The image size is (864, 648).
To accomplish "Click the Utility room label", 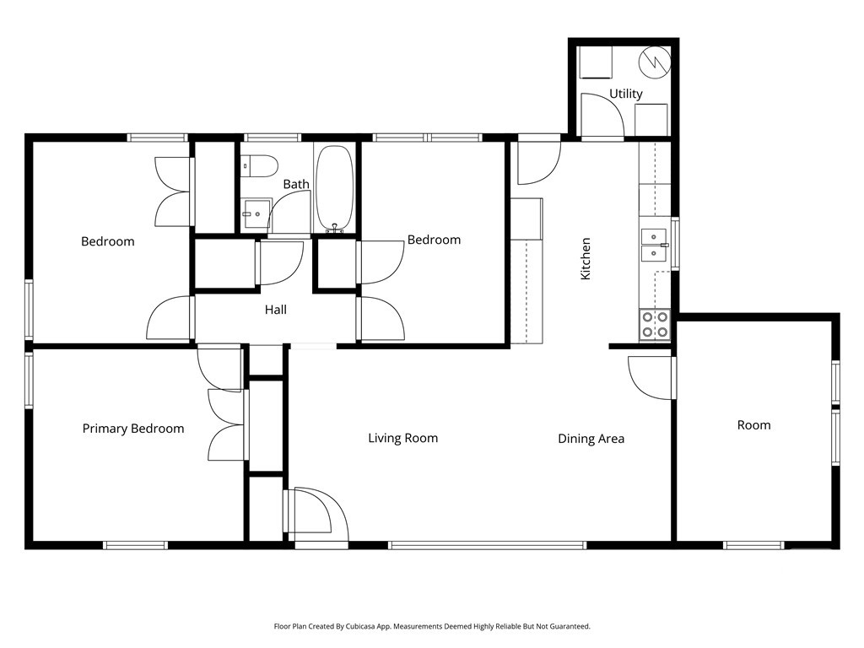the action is pos(625,94).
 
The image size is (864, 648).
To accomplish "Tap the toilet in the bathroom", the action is pos(259,166).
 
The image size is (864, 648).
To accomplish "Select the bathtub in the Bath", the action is pos(334,187).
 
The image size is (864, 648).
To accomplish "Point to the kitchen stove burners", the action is pos(655,325).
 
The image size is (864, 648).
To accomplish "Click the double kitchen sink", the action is pos(654,246).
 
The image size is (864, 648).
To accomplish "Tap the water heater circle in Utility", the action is pos(655,62).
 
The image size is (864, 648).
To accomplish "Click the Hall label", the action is pos(276,310).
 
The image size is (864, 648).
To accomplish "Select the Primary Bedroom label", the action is pos(133,429).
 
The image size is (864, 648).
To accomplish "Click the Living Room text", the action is pos(402,438).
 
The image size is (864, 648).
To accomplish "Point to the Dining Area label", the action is pos(591,439).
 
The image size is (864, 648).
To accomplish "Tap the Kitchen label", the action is pos(586,258).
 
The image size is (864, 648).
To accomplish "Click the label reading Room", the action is pos(753,425).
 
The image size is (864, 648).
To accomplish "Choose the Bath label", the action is pos(296,184).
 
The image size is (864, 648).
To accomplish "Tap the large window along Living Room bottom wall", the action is pos(488,546).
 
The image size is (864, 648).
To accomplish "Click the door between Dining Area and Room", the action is pos(651,377).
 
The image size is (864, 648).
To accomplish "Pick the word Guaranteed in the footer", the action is pos(573,627).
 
